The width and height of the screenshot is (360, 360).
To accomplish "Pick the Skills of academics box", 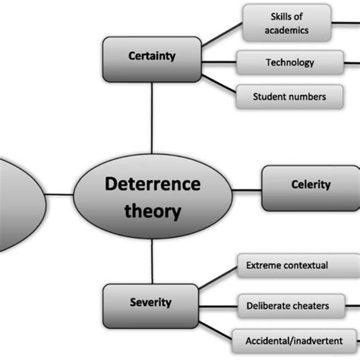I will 286,23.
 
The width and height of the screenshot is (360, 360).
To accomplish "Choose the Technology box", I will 289,62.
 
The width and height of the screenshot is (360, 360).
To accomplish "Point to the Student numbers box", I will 289,96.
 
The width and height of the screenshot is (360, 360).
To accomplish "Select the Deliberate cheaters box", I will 288,305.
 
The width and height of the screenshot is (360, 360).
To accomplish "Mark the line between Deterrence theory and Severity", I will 152,262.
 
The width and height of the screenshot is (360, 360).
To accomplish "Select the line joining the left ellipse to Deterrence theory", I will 59,195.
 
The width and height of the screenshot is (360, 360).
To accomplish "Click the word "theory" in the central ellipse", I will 152,211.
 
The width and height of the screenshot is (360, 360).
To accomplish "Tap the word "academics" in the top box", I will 286,30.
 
